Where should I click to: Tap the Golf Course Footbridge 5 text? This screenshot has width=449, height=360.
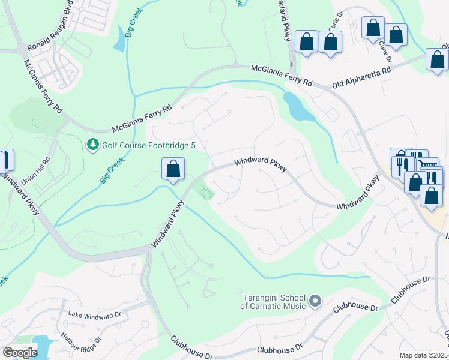[139, 145]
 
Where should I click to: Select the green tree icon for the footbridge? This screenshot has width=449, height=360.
[92, 145]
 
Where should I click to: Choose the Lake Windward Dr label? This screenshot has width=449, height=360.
[94, 314]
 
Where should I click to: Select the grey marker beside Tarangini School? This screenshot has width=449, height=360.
[316, 301]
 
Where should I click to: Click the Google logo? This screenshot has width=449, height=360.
[20, 352]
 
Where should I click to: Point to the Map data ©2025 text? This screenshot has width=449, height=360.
[423, 355]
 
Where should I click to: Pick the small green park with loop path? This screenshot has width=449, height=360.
[206, 192]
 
